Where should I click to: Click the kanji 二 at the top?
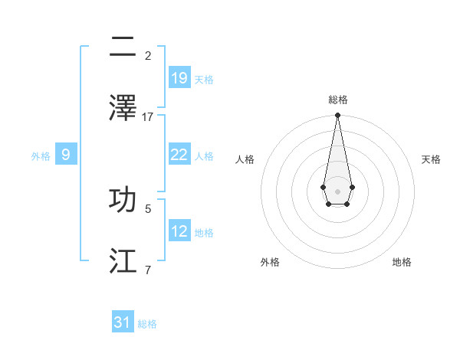click(123, 47)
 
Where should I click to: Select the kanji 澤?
click(123, 109)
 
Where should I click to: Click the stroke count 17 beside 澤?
click(148, 117)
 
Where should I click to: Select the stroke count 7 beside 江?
click(148, 270)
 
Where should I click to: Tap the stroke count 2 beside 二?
click(148, 56)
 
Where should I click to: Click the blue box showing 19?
click(179, 78)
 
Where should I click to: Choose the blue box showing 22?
click(179, 155)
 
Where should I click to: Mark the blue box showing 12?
click(179, 231)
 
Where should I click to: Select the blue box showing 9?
click(66, 155)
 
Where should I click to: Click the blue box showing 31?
click(123, 322)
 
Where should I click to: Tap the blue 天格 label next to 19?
click(204, 80)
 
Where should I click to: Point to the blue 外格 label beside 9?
click(41, 156)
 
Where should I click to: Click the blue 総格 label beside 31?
click(147, 324)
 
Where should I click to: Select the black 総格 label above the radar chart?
click(337, 100)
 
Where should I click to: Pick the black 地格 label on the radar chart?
click(402, 263)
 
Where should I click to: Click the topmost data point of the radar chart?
click(337, 115)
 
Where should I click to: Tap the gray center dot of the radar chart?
click(337, 190)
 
